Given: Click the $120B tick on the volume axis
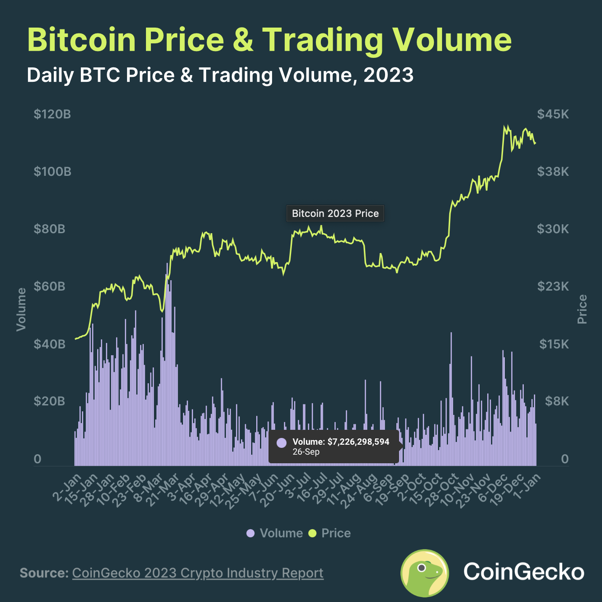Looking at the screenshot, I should coord(52,114).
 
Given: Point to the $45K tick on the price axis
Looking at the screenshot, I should coord(553,114).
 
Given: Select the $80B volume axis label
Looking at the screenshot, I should coord(49,229).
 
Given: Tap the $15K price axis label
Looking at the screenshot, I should coord(554,344).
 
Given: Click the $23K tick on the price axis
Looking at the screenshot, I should coord(553,286).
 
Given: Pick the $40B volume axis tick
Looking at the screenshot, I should coord(49,344).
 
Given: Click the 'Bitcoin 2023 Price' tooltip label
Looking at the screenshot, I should coord(335,213).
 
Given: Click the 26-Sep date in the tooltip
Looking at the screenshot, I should coord(306,452).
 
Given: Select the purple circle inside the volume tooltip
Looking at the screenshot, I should coord(281,442).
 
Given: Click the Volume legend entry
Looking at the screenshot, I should coord(275,533).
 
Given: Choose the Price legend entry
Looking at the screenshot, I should coord(330,533).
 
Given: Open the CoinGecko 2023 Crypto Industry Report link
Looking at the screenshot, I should coord(198,573).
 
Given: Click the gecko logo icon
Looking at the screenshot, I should coord(424,573).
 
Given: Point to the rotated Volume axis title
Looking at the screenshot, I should coord(21,309).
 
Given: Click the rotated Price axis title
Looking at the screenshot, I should coord(582,309).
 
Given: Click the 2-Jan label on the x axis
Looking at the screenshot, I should coord(68,487).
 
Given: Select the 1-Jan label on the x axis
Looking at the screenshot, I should coord(528,486).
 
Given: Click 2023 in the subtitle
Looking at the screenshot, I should coord(388,75).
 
